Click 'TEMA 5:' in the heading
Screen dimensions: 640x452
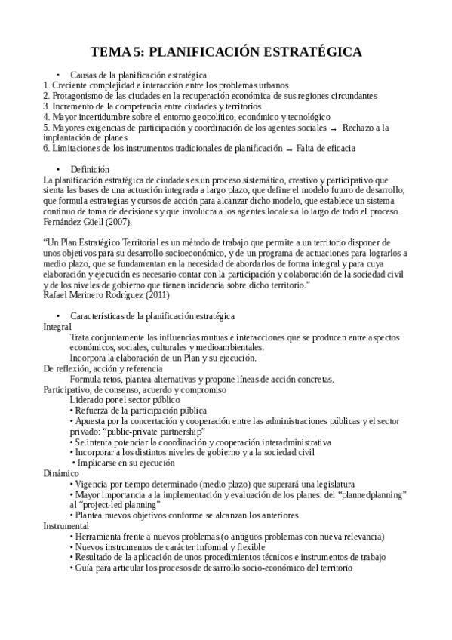pyautogui.click(x=115, y=52)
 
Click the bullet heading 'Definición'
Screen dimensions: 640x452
pyautogui.click(x=89, y=170)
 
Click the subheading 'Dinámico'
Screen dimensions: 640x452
pyautogui.click(x=61, y=473)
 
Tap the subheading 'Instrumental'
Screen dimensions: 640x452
pyautogui.click(x=66, y=525)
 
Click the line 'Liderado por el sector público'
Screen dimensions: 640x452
pyautogui.click(x=125, y=399)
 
